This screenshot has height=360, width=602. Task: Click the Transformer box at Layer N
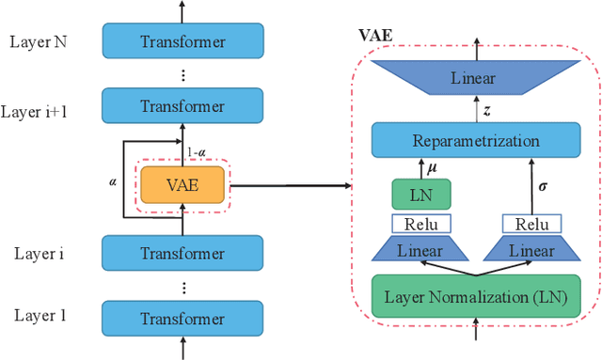[x=182, y=41]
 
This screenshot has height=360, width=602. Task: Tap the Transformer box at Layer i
[x=182, y=253]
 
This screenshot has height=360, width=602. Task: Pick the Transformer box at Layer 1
[x=182, y=318]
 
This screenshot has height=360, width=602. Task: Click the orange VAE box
[x=182, y=185]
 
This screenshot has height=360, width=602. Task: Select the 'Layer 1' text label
[x=40, y=316]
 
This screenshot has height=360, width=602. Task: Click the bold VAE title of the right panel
[x=375, y=35]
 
